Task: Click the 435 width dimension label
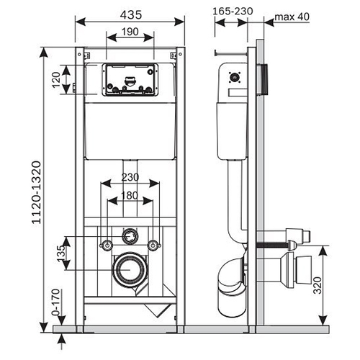coord(131,15)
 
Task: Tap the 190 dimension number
coord(130,32)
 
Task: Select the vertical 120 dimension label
coord(55,80)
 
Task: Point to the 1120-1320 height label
coord(37,192)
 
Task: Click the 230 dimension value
coord(130,177)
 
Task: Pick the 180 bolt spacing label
coord(130,195)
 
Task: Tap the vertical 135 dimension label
coord(61,253)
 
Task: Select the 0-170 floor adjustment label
coord(55,302)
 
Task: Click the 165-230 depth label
coord(233,11)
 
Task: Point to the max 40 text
coord(292,17)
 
